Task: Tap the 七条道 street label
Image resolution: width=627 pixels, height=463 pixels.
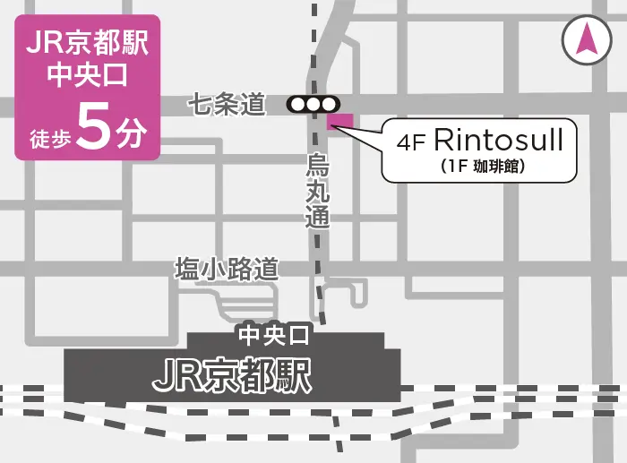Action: coord(228,105)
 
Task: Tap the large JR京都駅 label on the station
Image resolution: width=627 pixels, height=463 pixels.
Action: coord(232,376)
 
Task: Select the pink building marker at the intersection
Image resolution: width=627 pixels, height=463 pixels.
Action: coord(341,121)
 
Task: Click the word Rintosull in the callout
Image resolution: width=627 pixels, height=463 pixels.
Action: coord(498,141)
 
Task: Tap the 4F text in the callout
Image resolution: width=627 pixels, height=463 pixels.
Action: coord(410,143)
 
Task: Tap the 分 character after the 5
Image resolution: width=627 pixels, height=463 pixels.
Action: coord(131,134)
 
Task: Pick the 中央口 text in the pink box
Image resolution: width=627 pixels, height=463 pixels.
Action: coord(88,76)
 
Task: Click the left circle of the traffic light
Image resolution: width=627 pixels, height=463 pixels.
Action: coord(297,105)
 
